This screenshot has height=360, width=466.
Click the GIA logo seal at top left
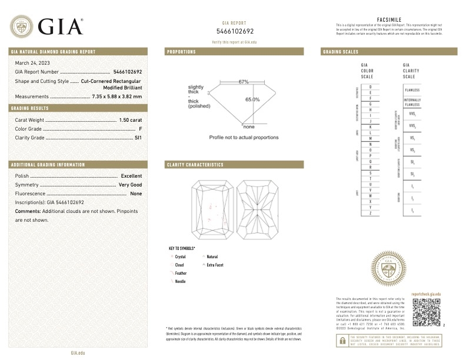tap(21, 25)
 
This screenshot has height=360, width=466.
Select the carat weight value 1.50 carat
tap(131, 119)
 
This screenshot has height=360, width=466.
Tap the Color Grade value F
tap(141, 128)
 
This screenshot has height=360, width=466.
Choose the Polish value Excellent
tap(131, 176)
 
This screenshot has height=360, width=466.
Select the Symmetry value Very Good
tap(130, 185)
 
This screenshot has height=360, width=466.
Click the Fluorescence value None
tap(136, 194)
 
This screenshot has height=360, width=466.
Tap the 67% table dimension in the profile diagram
tap(244, 81)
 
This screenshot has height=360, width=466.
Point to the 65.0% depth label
tap(252, 99)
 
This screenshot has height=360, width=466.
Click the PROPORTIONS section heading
tap(181, 52)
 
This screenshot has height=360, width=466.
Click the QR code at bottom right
tap(427, 311)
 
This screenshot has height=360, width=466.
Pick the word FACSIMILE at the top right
tap(388, 19)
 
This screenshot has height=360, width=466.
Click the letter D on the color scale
tap(370, 87)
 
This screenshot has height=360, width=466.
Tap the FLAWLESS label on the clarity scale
tap(412, 89)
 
